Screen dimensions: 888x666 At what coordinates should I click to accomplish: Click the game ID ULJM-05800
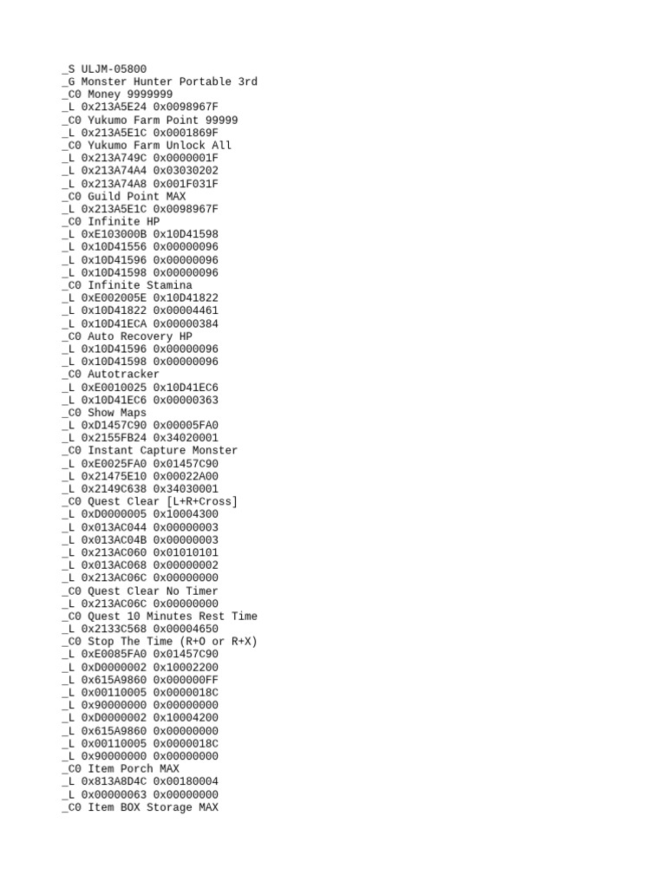coord(114,69)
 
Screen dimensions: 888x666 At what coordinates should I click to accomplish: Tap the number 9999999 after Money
coord(149,95)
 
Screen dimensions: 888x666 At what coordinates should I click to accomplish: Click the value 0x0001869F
coord(186,133)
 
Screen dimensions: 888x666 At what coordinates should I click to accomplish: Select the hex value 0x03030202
coord(186,171)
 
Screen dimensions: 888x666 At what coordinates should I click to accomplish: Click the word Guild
coord(104,196)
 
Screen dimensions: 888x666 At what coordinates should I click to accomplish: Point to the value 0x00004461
coord(186,310)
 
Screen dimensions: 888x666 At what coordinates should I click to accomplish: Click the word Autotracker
coord(123,375)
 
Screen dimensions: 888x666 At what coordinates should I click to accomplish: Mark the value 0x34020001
coord(186,438)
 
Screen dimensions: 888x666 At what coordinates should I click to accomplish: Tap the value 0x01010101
coord(186,552)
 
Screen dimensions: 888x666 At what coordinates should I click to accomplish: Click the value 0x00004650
coord(186,630)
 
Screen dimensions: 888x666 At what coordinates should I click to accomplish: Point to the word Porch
coord(136,769)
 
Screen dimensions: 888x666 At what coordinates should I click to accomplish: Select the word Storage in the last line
coord(166,807)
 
